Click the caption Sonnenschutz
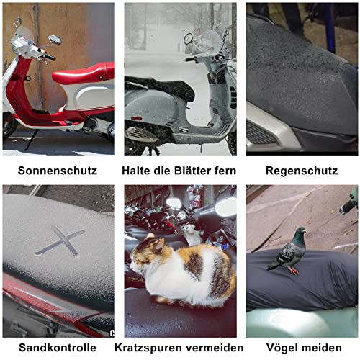click(58, 171)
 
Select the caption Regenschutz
click(302, 171)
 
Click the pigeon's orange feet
click(293, 271)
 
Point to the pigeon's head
click(300, 233)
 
